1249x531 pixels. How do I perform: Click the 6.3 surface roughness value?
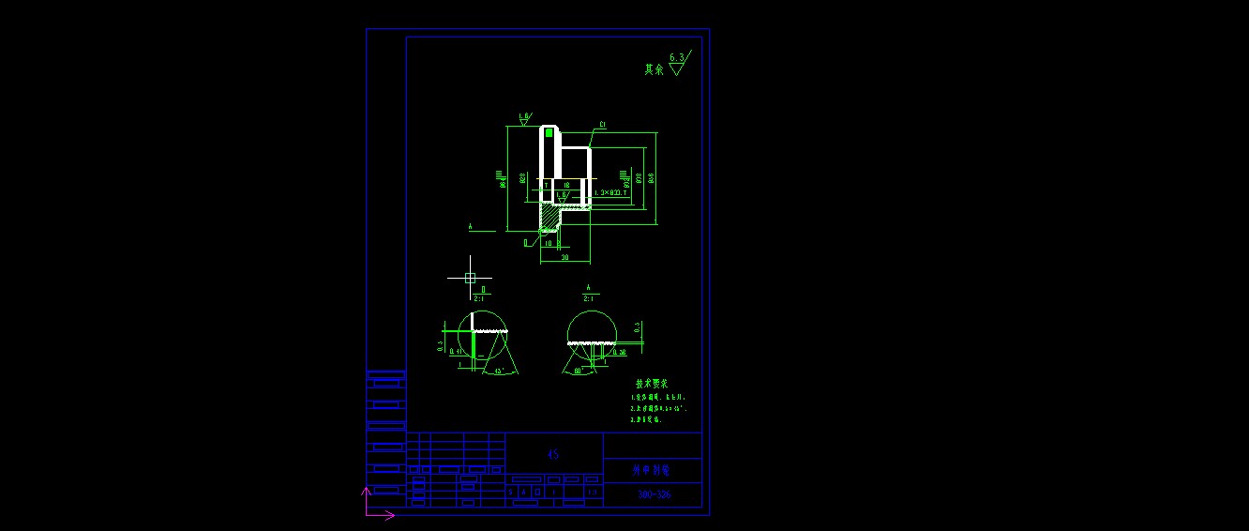click(676, 58)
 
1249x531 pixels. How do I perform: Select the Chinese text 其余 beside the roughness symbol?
click(653, 69)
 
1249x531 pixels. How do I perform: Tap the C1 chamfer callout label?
click(602, 125)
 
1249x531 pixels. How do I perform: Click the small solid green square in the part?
click(549, 133)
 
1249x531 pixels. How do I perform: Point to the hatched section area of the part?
click(549, 216)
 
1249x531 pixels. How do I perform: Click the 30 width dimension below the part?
click(564, 257)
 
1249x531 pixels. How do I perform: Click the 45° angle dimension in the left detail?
click(499, 372)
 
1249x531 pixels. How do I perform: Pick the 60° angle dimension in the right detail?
click(579, 372)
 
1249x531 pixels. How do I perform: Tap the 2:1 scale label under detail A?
click(589, 298)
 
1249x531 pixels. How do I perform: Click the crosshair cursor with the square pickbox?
click(471, 277)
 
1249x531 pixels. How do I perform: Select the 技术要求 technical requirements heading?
click(652, 384)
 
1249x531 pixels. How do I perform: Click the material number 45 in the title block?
click(553, 455)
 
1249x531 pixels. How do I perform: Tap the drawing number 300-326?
click(654, 495)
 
